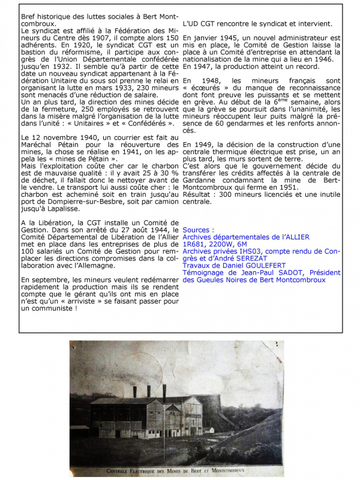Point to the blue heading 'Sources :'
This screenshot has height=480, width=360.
coord(198,230)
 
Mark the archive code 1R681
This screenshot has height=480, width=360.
coord(196,245)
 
